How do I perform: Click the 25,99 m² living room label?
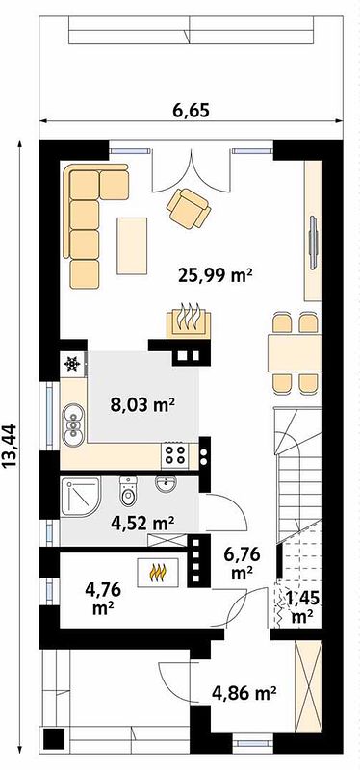[x=215, y=276]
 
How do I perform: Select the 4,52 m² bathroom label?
[x=142, y=524]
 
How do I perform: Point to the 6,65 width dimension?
[x=191, y=110]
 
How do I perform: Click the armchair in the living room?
[x=189, y=208]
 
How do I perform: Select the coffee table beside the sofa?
[x=132, y=245]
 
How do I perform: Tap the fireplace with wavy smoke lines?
[x=189, y=322]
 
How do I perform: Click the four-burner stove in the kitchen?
[x=174, y=454]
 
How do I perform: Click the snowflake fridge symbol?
[x=73, y=365]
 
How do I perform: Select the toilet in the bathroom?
[x=128, y=492]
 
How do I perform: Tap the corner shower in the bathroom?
[x=81, y=497]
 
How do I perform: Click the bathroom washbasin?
[x=166, y=484]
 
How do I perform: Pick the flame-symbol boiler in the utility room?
[x=158, y=572]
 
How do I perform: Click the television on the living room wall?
[x=313, y=243]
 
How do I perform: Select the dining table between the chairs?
[x=295, y=353]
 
